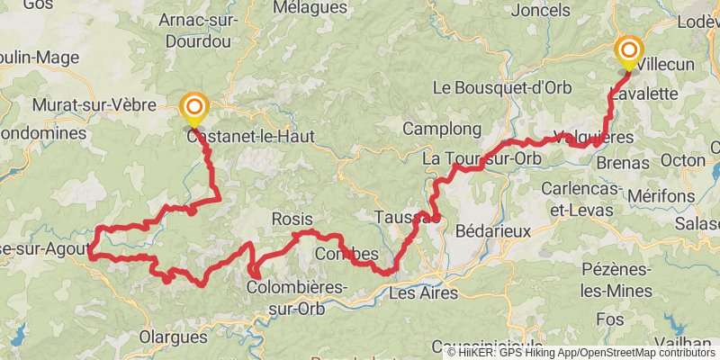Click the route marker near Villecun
(x=628, y=51)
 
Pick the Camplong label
(x=436, y=129)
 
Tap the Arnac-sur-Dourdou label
(x=194, y=30)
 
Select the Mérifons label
(x=663, y=194)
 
